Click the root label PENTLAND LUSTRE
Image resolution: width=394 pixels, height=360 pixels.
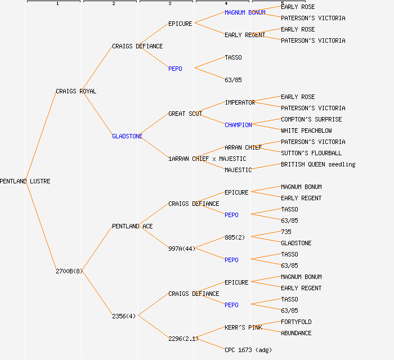(x=25, y=181)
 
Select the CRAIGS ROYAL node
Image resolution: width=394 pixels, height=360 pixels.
(x=76, y=91)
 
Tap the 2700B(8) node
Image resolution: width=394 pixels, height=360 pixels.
(x=69, y=271)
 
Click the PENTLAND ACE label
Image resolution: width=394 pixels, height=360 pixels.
(x=132, y=226)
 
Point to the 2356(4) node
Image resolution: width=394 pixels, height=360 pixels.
(x=124, y=316)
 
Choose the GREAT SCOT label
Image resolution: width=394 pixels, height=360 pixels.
(x=185, y=114)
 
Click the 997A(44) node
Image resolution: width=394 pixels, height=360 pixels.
(x=182, y=249)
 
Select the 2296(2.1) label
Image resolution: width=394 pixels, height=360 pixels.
(x=183, y=339)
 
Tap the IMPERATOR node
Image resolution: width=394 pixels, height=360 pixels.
(x=240, y=102)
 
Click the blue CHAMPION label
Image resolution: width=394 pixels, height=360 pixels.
(x=238, y=125)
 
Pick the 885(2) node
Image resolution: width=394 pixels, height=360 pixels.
(x=235, y=237)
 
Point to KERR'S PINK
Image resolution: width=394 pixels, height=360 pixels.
(x=243, y=327)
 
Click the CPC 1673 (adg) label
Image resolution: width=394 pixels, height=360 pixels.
(x=248, y=350)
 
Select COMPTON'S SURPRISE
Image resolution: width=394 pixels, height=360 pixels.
(x=311, y=119)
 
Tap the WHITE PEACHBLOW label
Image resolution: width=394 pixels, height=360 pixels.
(x=306, y=130)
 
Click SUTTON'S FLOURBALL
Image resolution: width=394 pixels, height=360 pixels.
(x=311, y=153)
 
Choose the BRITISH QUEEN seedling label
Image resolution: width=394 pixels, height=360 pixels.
(x=318, y=164)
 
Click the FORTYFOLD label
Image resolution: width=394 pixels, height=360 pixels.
(x=296, y=322)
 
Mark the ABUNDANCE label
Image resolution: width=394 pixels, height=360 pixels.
(x=296, y=333)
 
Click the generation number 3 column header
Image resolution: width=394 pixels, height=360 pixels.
(x=169, y=4)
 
